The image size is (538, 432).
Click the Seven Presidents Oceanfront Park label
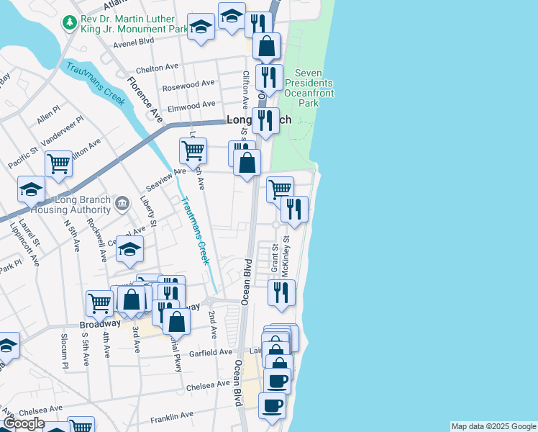click(308, 88)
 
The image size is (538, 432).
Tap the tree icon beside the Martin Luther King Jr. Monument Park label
click(70, 24)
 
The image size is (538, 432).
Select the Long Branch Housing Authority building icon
click(121, 204)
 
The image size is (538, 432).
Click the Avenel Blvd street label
click(134, 42)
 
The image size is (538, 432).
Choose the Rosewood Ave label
click(189, 84)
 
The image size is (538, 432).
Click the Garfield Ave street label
click(208, 352)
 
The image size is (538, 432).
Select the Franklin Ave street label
click(172, 415)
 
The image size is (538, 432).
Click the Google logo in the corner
click(23, 424)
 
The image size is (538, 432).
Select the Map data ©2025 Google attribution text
click(493, 426)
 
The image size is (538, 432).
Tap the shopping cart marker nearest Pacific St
click(58, 163)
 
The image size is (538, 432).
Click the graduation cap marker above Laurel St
click(32, 189)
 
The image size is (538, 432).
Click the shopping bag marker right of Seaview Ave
click(247, 163)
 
